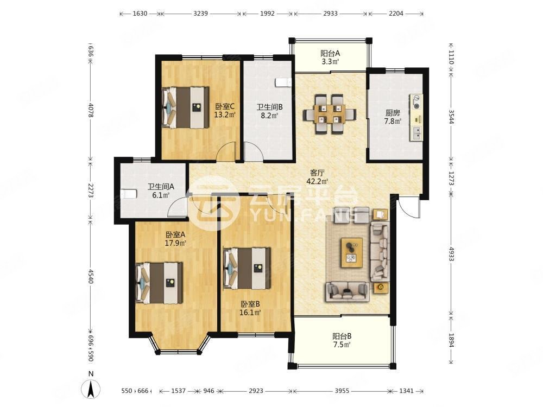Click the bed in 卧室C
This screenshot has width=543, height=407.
coord(186,107)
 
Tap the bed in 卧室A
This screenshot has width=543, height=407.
coord(159,283)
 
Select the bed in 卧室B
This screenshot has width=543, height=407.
coord(247,268)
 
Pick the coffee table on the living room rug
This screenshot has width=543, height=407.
coord(351,252)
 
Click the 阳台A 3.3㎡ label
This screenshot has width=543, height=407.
coord(330,58)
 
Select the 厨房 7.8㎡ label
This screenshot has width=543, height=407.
coord(393,117)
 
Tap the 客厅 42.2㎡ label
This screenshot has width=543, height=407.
coord(317,176)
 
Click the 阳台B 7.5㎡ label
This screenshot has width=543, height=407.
coord(342,340)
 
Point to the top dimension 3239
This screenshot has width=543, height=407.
coord(200,14)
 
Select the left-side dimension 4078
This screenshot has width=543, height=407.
coord(91,110)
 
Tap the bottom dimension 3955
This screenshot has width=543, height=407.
coord(342,391)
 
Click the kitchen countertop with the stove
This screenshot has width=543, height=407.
coord(416,117)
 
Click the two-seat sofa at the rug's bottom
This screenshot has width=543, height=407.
coord(347,290)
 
